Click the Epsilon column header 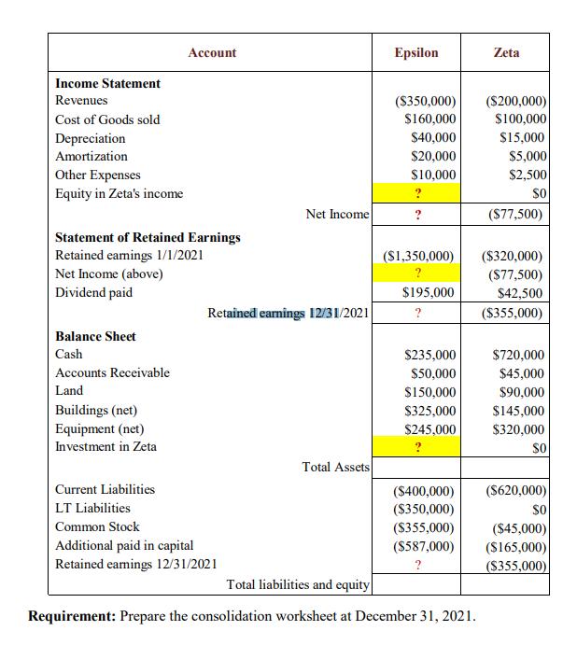pos(416,53)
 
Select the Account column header pos(212,53)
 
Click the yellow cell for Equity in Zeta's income pos(416,194)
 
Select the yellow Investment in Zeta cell pos(416,447)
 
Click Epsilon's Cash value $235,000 pos(430,355)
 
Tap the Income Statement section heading pos(107,83)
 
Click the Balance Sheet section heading pos(95,336)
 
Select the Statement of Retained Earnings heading pos(148,237)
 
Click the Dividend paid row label pos(93,292)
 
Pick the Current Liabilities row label pos(105,489)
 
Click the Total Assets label pos(336,466)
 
